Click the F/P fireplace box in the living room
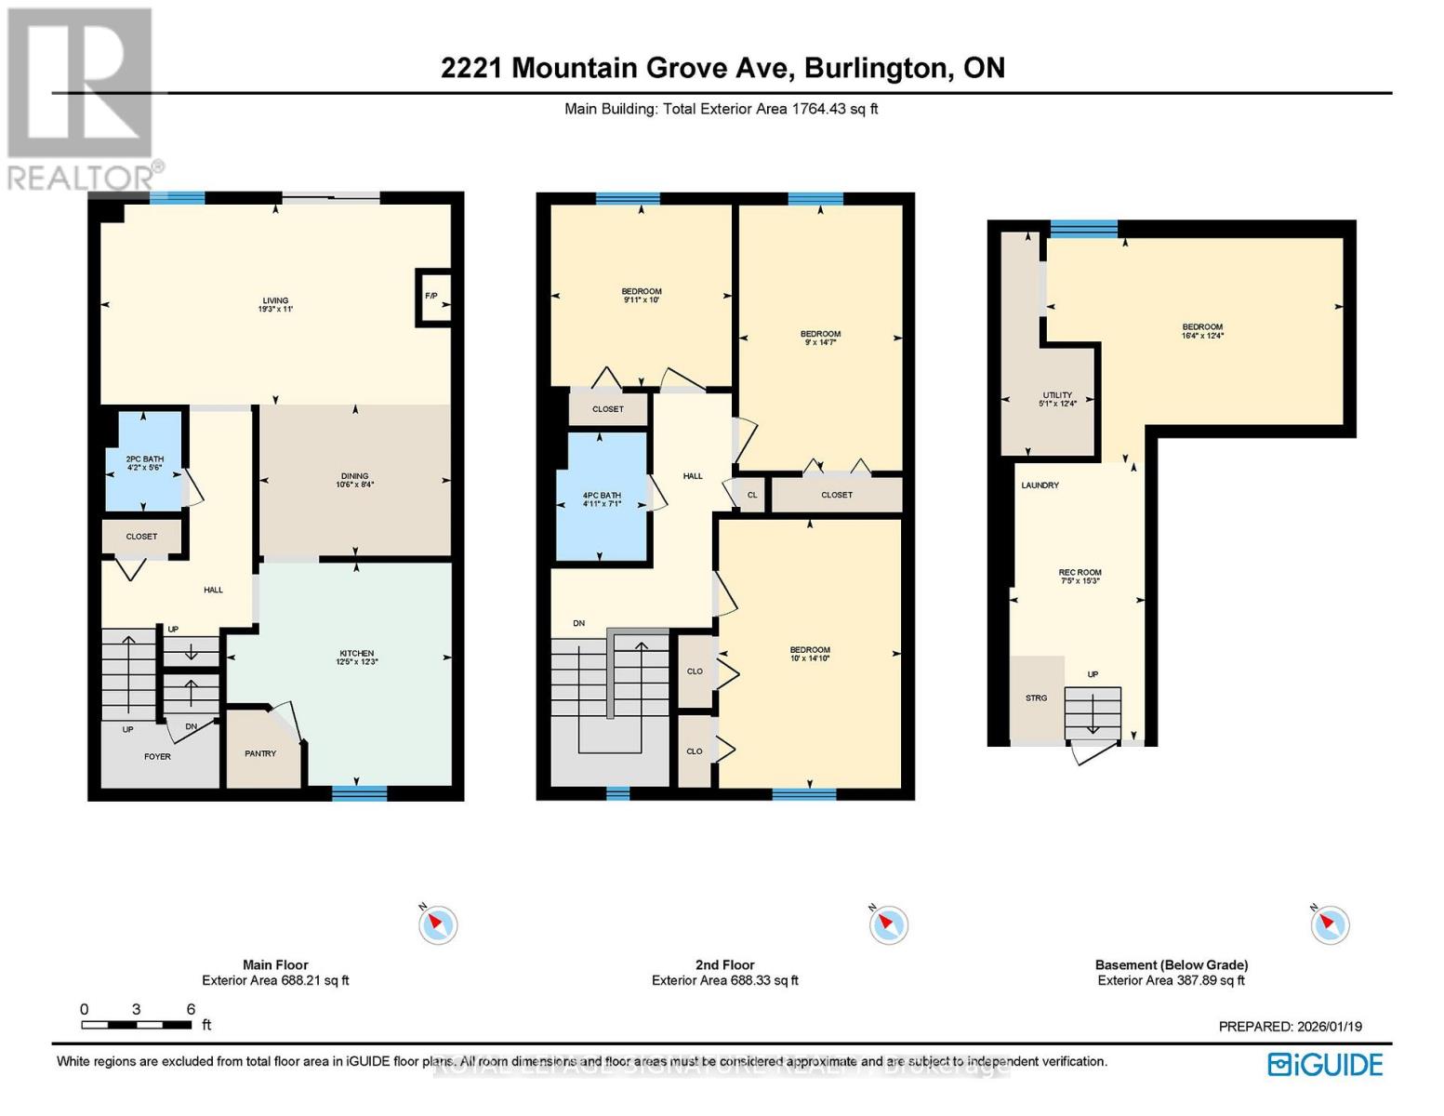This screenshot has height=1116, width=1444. [432, 296]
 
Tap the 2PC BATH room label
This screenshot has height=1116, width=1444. [144, 462]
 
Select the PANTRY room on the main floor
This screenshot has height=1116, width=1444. [260, 753]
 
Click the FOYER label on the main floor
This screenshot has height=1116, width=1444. [157, 756]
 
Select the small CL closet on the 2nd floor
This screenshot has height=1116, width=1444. [752, 495]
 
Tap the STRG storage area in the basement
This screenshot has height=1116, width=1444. [1036, 697]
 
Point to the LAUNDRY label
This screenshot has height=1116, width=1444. [1040, 485]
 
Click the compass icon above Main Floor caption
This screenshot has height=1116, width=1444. [437, 924]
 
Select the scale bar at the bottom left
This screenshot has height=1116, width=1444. [137, 1025]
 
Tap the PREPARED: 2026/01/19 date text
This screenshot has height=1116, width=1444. [1290, 1027]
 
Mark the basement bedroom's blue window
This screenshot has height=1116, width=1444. [1083, 229]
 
